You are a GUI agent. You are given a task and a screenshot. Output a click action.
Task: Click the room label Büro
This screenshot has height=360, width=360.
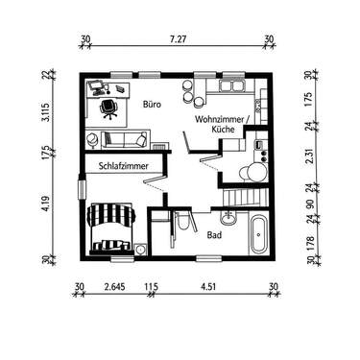click(151, 104)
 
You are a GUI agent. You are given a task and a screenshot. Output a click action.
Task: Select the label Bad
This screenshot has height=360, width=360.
click(215, 233)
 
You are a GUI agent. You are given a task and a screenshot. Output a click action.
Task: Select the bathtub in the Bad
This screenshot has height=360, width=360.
click(256, 234)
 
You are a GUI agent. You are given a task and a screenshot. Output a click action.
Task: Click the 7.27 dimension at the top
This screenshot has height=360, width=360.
click(178, 40)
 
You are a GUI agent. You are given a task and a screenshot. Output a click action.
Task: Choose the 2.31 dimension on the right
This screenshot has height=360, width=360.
click(308, 160)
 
